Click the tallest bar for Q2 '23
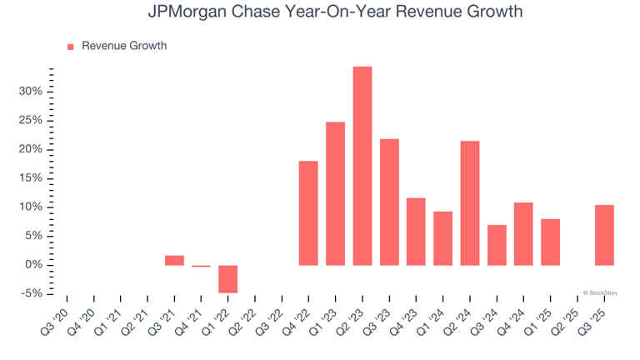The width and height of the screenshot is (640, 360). [x=362, y=166]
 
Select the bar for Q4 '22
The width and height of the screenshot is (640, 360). [x=308, y=213]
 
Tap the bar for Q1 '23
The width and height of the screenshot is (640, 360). [x=336, y=193]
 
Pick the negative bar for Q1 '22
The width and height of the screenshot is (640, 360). [x=227, y=279]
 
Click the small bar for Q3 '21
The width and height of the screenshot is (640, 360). [x=174, y=260]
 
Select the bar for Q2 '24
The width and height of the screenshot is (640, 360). [x=470, y=203]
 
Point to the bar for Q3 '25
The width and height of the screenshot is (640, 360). [x=604, y=235]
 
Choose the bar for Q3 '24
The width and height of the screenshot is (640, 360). [x=497, y=245]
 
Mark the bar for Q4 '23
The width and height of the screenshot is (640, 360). [x=416, y=232]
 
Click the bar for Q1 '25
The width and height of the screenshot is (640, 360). [x=550, y=242]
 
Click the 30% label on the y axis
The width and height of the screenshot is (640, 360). [x=31, y=92]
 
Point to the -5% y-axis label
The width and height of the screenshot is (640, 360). [x=31, y=294]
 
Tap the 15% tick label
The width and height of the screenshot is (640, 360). [x=31, y=178]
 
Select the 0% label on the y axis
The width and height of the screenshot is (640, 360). [x=33, y=265]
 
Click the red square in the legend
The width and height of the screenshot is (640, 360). [x=70, y=47]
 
